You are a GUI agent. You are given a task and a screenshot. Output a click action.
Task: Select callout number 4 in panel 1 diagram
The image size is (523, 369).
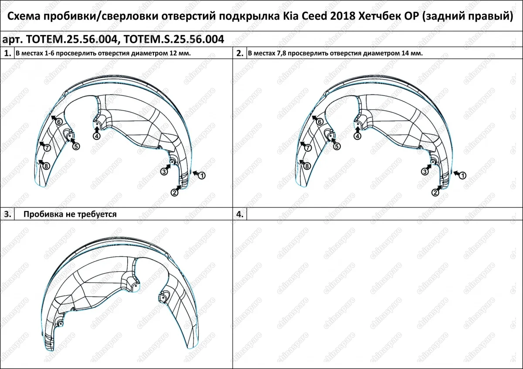[96, 136]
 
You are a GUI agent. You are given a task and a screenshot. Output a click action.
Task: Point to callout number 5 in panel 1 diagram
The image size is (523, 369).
[75, 146]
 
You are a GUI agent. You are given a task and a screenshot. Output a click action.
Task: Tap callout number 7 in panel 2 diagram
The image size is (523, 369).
[308, 148]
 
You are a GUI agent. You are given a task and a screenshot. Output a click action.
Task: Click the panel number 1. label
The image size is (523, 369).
[7, 54]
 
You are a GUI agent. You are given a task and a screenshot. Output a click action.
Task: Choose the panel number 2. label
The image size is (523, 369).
[239, 54]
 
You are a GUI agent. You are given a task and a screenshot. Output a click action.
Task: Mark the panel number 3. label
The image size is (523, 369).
[7, 214]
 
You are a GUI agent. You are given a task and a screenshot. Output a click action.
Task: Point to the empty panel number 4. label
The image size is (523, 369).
[239, 214]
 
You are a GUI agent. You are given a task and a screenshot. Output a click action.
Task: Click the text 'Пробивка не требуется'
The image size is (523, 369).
[70, 214]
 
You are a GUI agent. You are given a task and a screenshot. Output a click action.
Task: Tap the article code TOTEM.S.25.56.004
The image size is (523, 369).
[174, 39]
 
